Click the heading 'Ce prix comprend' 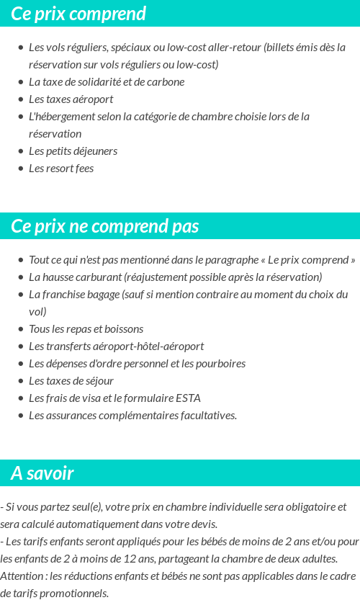(78, 14)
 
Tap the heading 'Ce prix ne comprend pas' (104, 226)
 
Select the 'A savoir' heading (42, 473)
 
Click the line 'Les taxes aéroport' (71, 99)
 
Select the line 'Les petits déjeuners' (73, 151)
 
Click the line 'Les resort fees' (61, 169)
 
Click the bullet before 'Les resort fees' (20, 169)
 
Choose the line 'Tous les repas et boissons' (86, 329)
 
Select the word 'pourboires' (221, 364)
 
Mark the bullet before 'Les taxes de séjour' (20, 381)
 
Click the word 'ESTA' (188, 398)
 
